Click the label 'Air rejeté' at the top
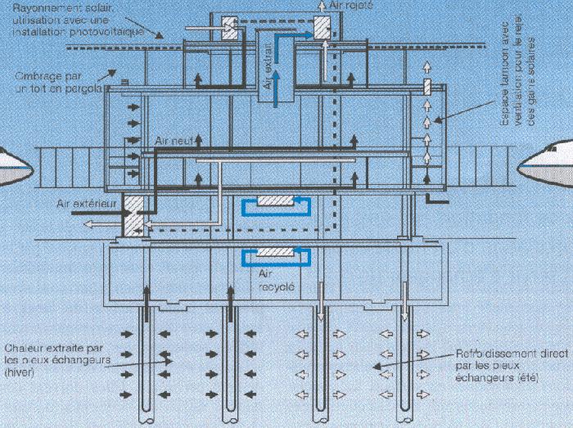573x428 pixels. coord(337,5)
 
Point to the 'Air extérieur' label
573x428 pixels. coord(84,198)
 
